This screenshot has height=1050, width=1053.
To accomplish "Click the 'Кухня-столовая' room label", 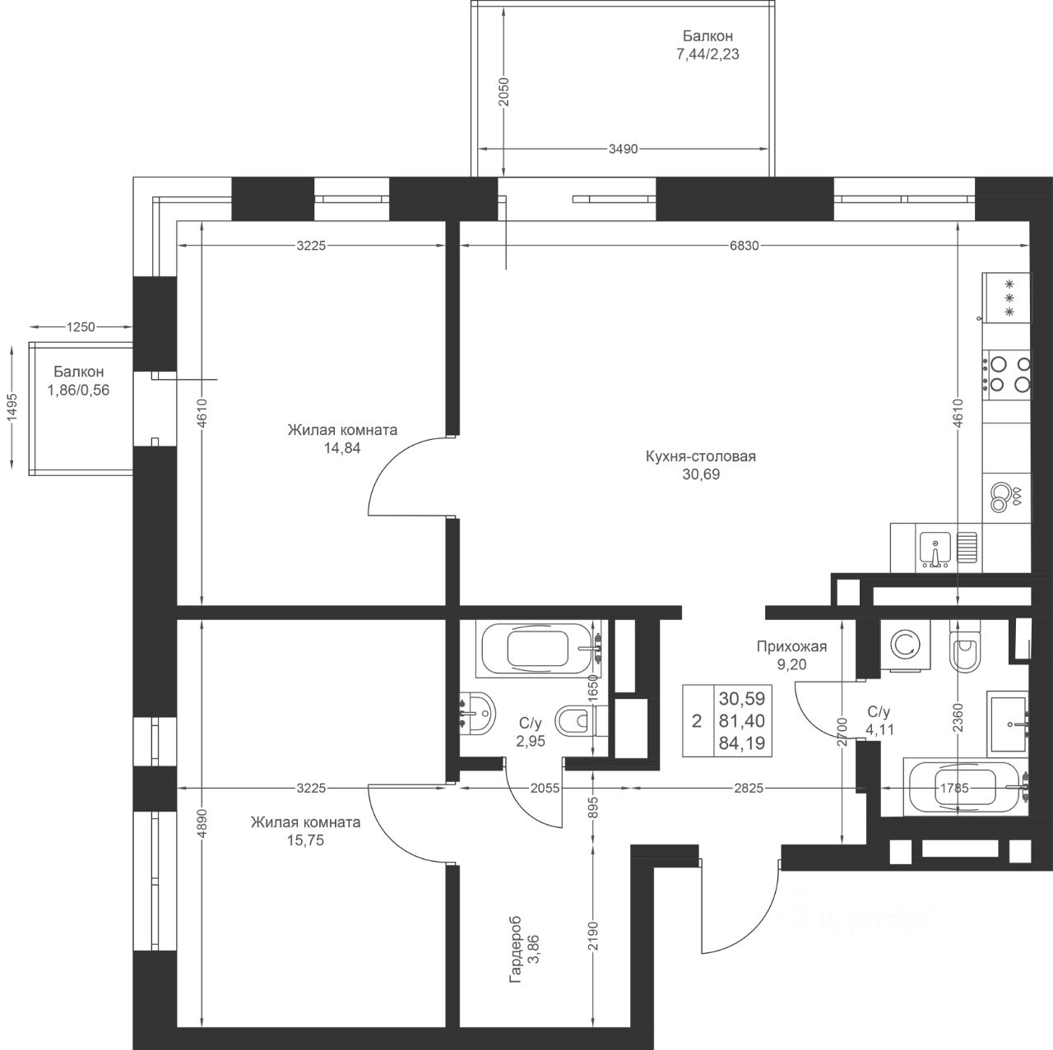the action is coord(701,456).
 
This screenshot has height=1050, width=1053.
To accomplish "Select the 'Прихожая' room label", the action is coord(791,647).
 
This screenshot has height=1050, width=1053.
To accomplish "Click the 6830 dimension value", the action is coord(745,246).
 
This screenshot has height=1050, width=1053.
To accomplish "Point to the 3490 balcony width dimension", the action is coord(623,149).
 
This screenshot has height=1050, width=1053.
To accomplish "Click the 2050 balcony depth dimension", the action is coord(503,92).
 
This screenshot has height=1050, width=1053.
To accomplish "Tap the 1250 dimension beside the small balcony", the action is coord(81,326).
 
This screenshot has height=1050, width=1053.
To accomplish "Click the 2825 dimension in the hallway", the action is coord(749,789).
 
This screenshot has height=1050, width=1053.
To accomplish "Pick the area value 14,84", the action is coord(342,448).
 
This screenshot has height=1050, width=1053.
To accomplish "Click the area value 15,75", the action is coord(305,840).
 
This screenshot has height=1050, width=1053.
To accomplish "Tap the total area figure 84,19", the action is coord(742,743).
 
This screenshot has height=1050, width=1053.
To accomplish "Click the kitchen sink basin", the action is coord(935,549).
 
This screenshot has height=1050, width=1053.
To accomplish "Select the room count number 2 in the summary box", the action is coord(696,721).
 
